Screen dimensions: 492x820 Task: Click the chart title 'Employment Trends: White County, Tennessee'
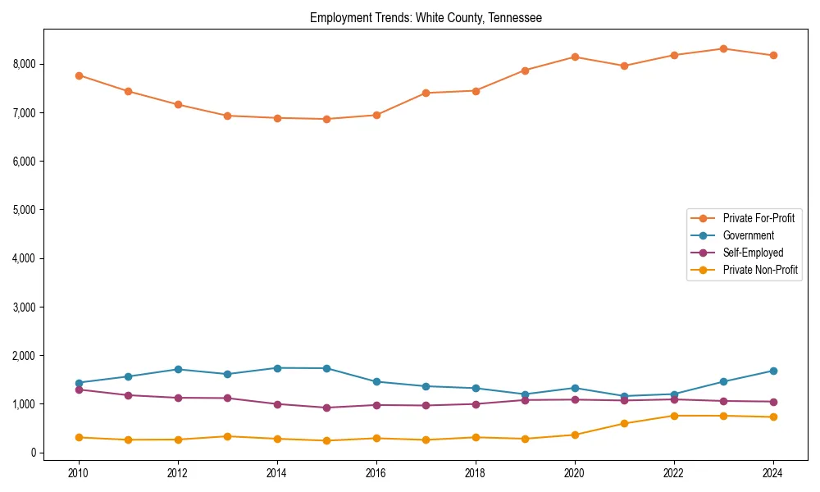point(426,17)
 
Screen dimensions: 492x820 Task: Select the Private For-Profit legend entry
point(758,218)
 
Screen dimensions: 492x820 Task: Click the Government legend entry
point(748,235)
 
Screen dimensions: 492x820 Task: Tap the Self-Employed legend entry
point(753,253)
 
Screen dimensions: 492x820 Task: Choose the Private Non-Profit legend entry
point(760,270)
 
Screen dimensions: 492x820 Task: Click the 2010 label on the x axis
point(79,473)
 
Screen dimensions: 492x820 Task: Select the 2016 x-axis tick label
point(376,473)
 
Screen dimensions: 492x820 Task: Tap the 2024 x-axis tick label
point(772,473)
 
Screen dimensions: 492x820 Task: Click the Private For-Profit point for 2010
point(79,75)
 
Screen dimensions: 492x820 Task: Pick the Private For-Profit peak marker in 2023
point(723,49)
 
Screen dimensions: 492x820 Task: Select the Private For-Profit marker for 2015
point(326,119)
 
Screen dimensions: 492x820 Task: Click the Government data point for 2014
point(277,368)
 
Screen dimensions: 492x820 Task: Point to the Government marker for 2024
point(772,371)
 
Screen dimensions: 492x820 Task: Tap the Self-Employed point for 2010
point(79,389)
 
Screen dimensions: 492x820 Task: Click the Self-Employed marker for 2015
point(326,408)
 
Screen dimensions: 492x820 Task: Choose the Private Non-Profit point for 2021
point(624,423)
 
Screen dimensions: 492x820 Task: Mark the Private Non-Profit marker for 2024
point(772,417)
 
